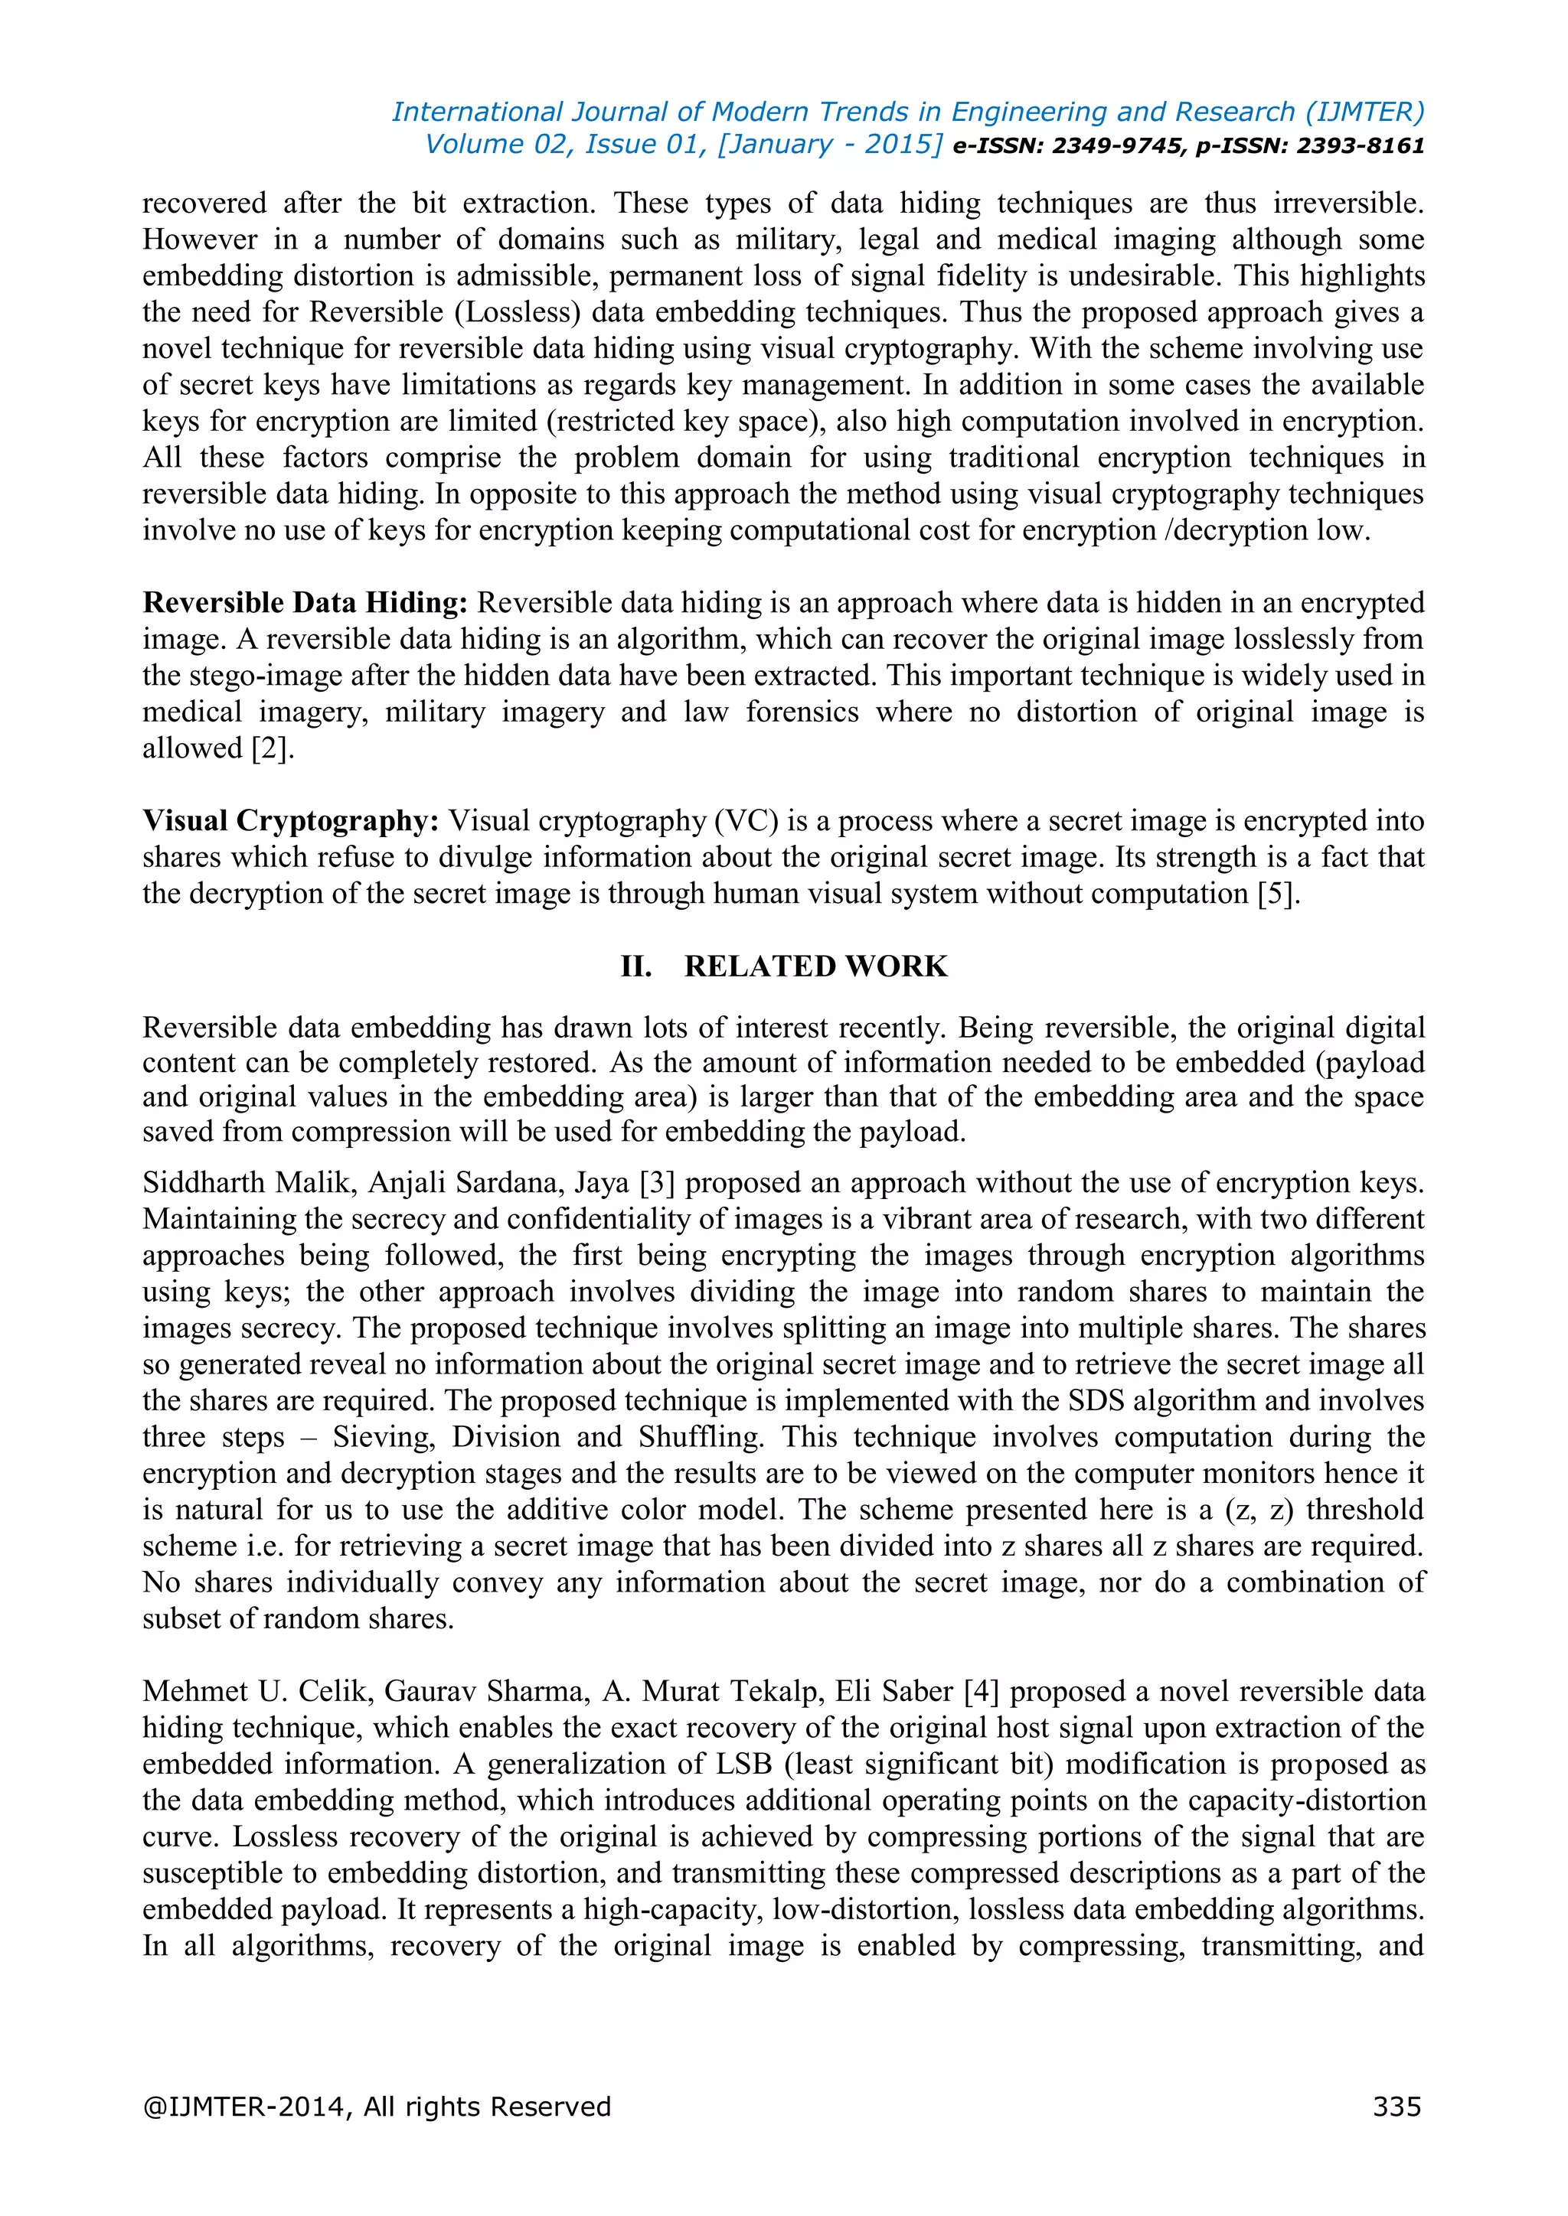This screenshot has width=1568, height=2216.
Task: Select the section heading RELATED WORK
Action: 816,966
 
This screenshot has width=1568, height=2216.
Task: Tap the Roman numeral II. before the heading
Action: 636,966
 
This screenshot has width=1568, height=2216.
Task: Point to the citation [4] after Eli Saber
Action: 981,1692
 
